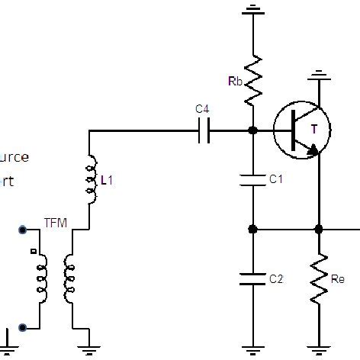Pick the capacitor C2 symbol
point(252,278)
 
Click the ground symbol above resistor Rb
point(252,11)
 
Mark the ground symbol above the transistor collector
point(319,76)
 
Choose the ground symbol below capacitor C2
point(252,349)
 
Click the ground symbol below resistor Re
point(319,349)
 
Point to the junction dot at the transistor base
point(252,130)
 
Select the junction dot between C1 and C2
point(252,229)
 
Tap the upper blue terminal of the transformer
point(23,229)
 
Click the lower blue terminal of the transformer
point(23,327)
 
